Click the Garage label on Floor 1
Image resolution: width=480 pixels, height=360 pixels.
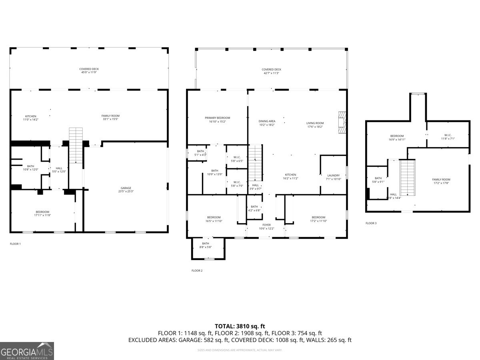126,190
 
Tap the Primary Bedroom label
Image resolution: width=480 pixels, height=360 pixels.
217,120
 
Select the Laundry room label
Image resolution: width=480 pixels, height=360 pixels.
333,177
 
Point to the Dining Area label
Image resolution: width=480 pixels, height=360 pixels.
267,123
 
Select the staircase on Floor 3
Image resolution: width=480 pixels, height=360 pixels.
408,177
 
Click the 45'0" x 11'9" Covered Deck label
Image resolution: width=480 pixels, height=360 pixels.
89,71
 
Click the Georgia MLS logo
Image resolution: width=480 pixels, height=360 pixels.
27,351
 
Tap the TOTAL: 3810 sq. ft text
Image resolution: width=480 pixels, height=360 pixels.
240,326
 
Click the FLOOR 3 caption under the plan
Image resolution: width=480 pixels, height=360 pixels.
371,223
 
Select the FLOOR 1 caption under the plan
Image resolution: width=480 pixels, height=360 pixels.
15,244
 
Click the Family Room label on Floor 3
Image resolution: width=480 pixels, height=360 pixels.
441,182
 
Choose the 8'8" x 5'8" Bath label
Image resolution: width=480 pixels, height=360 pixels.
205,245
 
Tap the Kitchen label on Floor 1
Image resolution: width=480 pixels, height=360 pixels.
31,118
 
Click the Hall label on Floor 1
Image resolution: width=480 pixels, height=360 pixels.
59,170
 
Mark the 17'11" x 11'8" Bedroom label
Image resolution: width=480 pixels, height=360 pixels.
42,214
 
